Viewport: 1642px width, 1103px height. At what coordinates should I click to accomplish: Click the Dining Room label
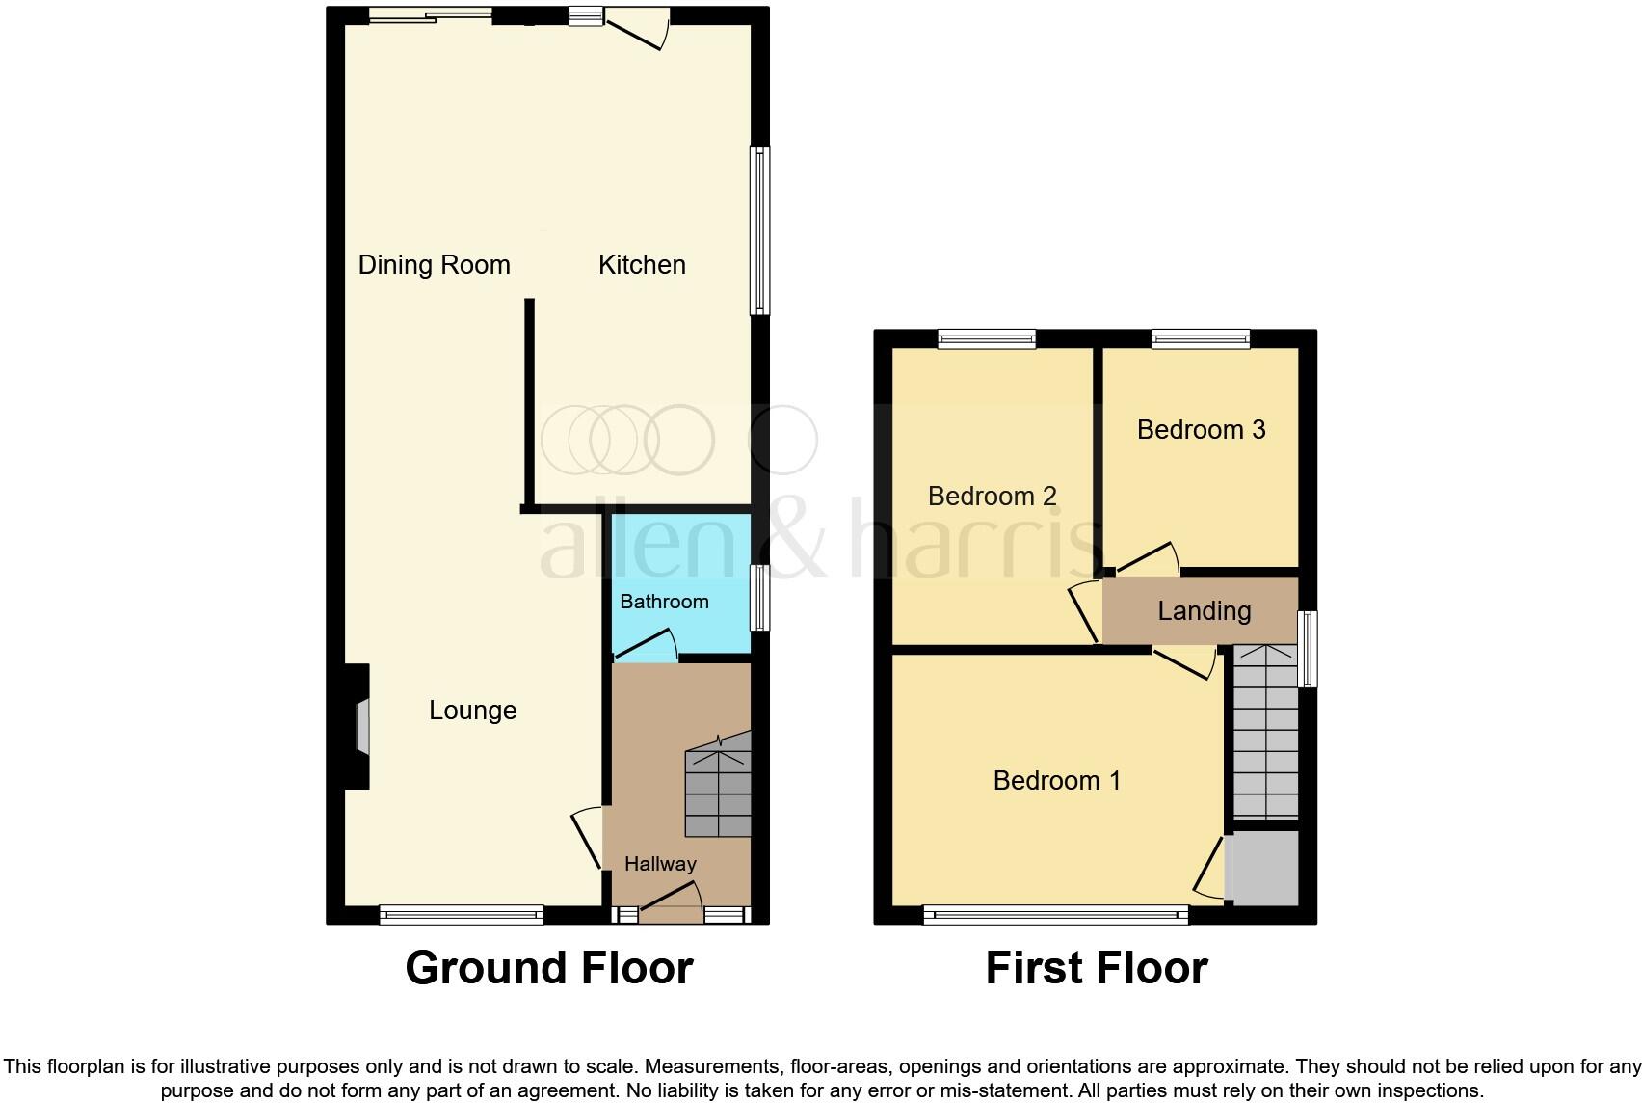[x=434, y=265]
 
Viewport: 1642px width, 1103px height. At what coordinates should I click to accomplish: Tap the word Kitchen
[x=642, y=265]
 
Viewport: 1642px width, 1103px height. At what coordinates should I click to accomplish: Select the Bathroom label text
[x=664, y=602]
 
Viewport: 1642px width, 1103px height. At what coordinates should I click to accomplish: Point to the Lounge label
[x=472, y=711]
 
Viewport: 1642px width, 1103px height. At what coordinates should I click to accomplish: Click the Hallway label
[x=660, y=864]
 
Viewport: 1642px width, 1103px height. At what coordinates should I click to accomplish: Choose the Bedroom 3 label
[x=1201, y=429]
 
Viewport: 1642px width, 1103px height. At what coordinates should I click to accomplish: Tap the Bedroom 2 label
[x=992, y=496]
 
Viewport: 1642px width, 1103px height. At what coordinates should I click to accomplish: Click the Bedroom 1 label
[x=1056, y=780]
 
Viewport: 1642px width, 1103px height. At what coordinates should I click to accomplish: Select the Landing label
[x=1204, y=610]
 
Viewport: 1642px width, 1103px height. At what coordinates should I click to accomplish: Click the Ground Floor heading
[x=548, y=968]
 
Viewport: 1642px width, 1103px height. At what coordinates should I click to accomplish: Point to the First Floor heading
[x=1096, y=968]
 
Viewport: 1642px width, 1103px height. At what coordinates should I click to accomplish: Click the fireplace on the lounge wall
[x=360, y=726]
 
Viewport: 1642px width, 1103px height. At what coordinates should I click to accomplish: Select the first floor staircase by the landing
[x=1265, y=733]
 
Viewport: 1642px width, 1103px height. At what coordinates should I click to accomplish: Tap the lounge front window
[x=462, y=914]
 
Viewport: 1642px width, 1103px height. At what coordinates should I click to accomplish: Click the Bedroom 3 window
[x=1201, y=338]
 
